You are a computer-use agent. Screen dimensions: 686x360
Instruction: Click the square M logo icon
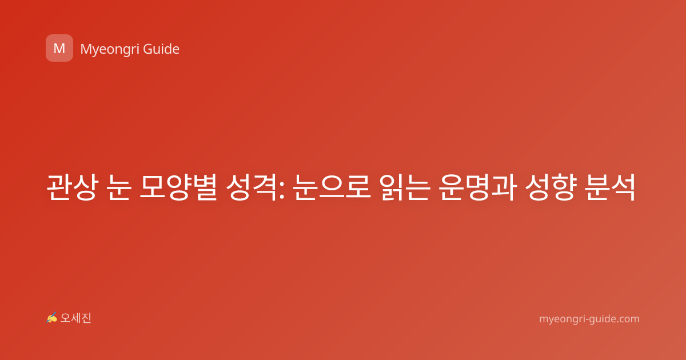tap(59, 48)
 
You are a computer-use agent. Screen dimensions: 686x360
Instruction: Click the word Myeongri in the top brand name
tap(109, 49)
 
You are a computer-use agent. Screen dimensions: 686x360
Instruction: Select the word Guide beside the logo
tap(161, 49)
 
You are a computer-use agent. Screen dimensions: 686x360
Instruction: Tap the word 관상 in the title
tap(72, 187)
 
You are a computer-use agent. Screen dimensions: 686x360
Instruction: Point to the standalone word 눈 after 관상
tap(119, 187)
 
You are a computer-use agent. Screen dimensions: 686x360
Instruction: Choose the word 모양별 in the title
tap(178, 187)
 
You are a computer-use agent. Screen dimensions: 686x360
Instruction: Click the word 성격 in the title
tap(252, 187)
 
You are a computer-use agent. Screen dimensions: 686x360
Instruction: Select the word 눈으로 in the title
tap(332, 187)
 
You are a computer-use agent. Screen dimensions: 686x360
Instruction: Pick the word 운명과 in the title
tap(477, 187)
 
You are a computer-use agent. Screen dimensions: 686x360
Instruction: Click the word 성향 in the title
tap(551, 187)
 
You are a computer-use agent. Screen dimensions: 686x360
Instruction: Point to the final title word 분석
tap(610, 187)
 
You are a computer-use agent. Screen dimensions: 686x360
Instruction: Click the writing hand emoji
tap(52, 318)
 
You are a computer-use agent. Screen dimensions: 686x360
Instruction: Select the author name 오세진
tap(75, 318)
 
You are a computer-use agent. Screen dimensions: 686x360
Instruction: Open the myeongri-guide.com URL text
tap(589, 319)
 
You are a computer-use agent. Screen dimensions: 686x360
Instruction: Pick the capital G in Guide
tap(147, 49)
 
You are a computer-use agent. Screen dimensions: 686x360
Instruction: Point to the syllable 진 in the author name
tap(86, 318)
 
